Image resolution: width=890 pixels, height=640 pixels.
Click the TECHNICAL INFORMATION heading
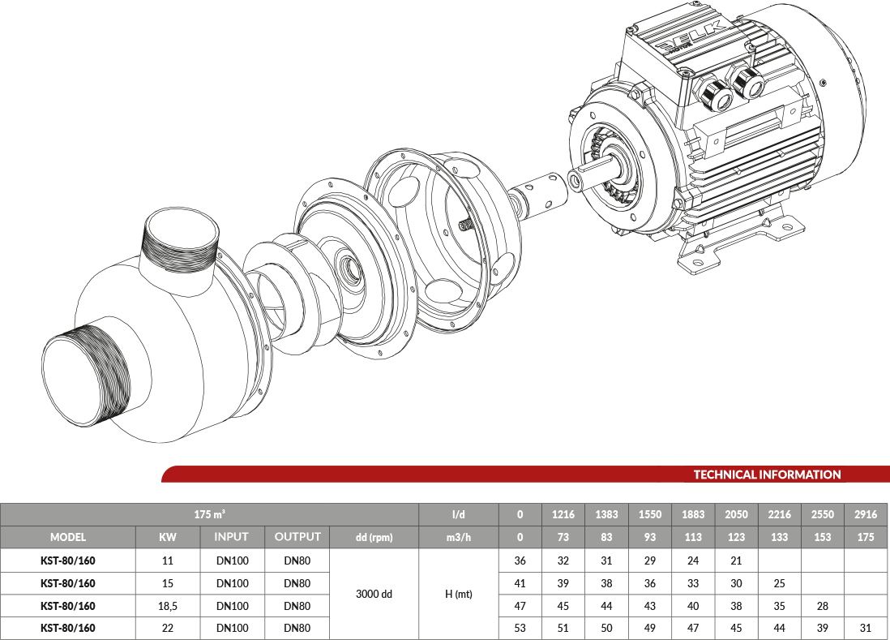(767, 475)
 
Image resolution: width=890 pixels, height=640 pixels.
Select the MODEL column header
(68, 537)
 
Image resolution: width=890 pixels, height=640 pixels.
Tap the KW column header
(168, 537)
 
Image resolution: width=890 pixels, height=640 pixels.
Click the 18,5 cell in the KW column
(168, 606)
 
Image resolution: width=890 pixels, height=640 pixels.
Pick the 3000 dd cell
(374, 594)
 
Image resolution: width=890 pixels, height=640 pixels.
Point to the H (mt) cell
(459, 594)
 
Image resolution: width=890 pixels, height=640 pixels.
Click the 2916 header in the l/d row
(866, 514)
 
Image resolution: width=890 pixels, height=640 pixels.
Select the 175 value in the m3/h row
(866, 537)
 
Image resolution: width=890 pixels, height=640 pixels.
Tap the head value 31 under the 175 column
(866, 628)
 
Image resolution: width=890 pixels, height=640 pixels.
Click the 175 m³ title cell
(209, 514)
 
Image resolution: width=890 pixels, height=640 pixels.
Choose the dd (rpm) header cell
(374, 537)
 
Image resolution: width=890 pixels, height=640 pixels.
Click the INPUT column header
(232, 537)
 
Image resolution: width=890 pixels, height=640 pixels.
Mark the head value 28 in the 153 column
(823, 606)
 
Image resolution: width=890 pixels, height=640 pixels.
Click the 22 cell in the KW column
(168, 628)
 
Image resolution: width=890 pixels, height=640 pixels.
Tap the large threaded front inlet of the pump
(86, 376)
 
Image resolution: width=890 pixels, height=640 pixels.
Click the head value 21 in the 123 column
(736, 561)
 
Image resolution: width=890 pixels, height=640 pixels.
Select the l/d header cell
(459, 514)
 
